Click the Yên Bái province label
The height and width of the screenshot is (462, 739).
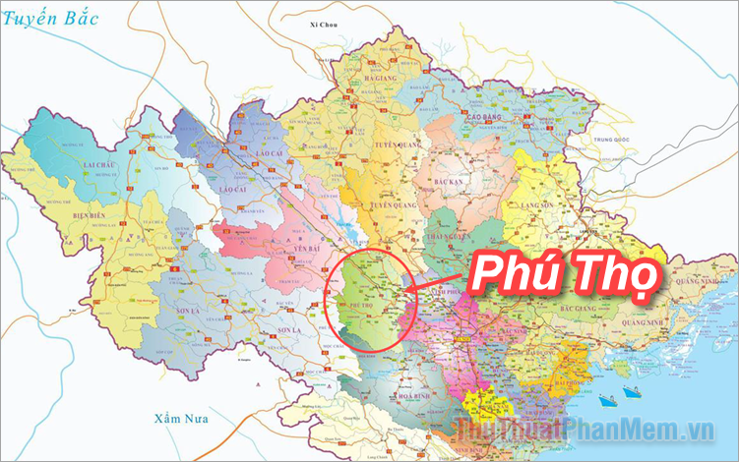click(281, 250)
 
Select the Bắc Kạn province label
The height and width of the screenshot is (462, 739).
click(448, 183)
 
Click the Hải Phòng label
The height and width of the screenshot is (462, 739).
click(544, 378)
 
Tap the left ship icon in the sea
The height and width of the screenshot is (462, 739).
click(607, 398)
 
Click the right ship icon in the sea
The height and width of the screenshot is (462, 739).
click(632, 391)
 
